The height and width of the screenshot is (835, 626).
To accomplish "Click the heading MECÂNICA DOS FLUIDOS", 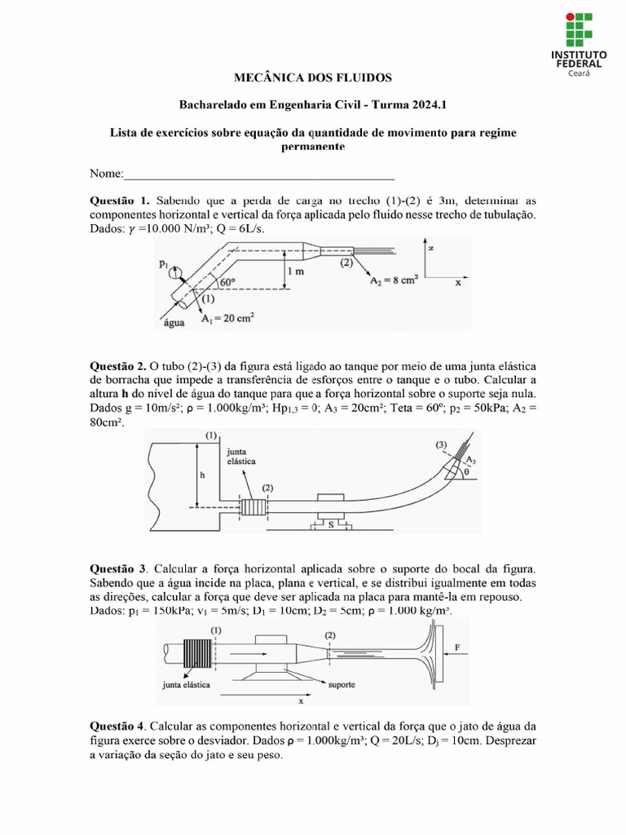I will pyautogui.click(x=313, y=78).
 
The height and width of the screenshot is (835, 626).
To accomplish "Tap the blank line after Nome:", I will pyautogui.click(x=259, y=174).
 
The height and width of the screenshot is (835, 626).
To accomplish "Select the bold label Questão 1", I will pyautogui.click(x=121, y=201).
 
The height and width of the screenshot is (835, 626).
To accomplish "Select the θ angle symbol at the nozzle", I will pyautogui.click(x=465, y=471).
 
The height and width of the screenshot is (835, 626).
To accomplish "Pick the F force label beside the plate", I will pyautogui.click(x=457, y=647).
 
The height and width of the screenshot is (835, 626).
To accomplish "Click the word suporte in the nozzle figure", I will pyautogui.click(x=340, y=685).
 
